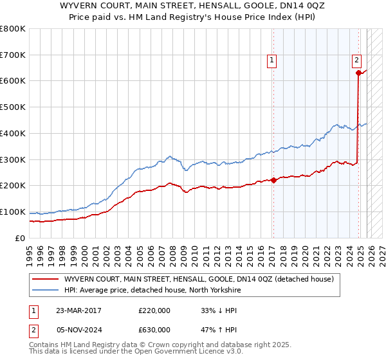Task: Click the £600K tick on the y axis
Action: pos(13,81)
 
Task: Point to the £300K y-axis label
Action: pos(13,159)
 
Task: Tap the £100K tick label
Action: pos(13,212)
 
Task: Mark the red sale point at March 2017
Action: pos(273,180)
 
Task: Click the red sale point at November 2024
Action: pos(358,73)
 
